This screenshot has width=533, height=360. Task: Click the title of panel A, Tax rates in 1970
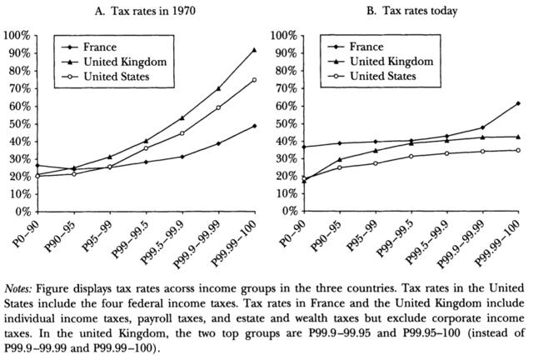(135, 11)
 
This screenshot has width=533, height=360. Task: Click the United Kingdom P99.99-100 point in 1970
(253, 50)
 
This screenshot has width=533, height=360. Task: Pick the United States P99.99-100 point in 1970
(253, 80)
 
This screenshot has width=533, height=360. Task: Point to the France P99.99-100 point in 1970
(253, 126)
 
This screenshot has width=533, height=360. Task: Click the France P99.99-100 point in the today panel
(519, 103)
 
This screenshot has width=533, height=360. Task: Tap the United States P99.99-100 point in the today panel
(519, 150)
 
